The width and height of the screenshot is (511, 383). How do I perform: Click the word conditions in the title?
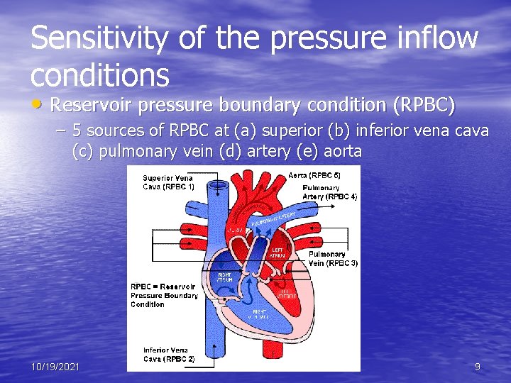(100, 73)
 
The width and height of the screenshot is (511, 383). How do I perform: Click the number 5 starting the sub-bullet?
(76, 131)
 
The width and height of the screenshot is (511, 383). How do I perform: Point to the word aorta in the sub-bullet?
(341, 150)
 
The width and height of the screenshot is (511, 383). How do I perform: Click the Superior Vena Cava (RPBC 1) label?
(168, 182)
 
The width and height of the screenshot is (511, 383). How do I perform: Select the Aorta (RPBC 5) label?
(315, 175)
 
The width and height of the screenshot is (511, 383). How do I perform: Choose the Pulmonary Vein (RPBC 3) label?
(333, 258)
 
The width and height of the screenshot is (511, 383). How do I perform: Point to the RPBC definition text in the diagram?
(164, 295)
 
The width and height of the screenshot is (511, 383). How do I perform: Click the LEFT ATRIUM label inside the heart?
(278, 252)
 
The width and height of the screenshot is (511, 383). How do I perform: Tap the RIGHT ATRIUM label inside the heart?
(224, 278)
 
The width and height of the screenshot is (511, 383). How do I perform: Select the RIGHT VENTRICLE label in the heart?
(260, 314)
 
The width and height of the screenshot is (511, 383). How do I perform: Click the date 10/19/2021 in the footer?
(55, 367)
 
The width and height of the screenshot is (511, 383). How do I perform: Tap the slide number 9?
(477, 367)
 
